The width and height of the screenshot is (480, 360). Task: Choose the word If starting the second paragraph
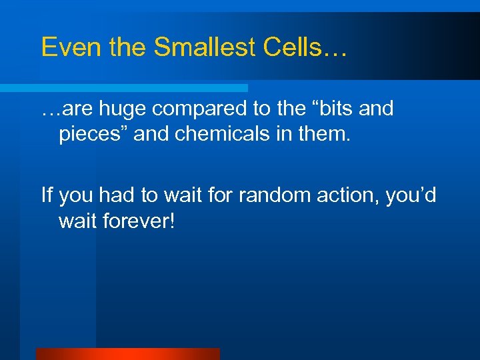pyautogui.click(x=47, y=195)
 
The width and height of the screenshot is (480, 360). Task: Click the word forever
pyautogui.click(x=137, y=221)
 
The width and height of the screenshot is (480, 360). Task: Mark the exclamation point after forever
pyautogui.click(x=172, y=221)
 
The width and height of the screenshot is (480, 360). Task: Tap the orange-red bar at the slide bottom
pyautogui.click(x=127, y=354)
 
